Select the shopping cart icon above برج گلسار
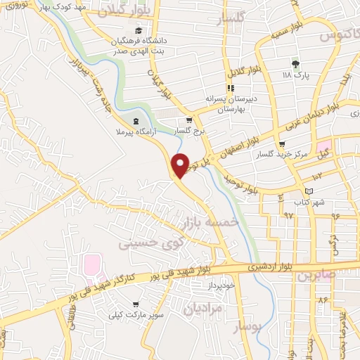pos(189,120)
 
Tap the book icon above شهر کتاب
pos(309,191)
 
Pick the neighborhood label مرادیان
pos(204,308)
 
